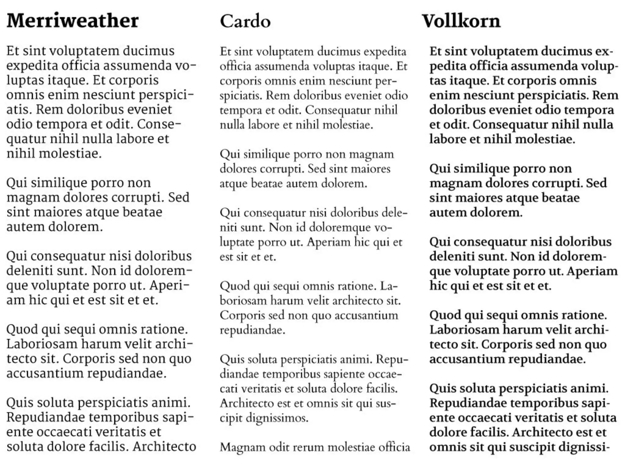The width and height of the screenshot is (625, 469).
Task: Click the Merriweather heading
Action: click(x=73, y=21)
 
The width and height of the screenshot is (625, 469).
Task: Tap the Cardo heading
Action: click(x=245, y=21)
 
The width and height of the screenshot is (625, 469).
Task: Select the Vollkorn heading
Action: click(x=461, y=21)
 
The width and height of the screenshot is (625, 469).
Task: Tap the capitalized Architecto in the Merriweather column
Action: click(x=164, y=446)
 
